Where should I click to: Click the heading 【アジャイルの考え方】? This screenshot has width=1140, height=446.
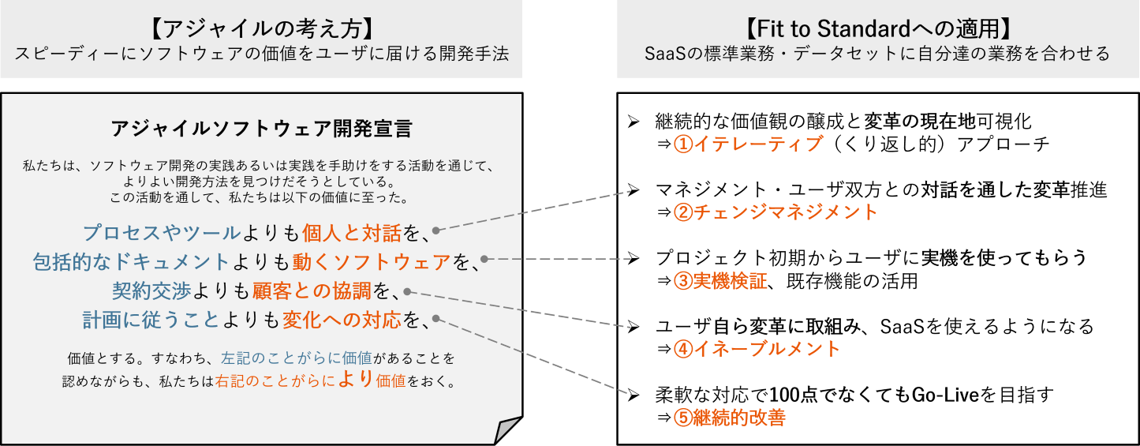pos(260,28)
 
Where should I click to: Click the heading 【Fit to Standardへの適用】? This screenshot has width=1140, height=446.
pos(877,28)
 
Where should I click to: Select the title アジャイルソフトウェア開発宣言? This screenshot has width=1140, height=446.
pos(260,129)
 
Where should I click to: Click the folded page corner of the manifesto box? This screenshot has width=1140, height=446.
pos(506,430)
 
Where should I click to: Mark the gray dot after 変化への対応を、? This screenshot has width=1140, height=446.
pos(436,320)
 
